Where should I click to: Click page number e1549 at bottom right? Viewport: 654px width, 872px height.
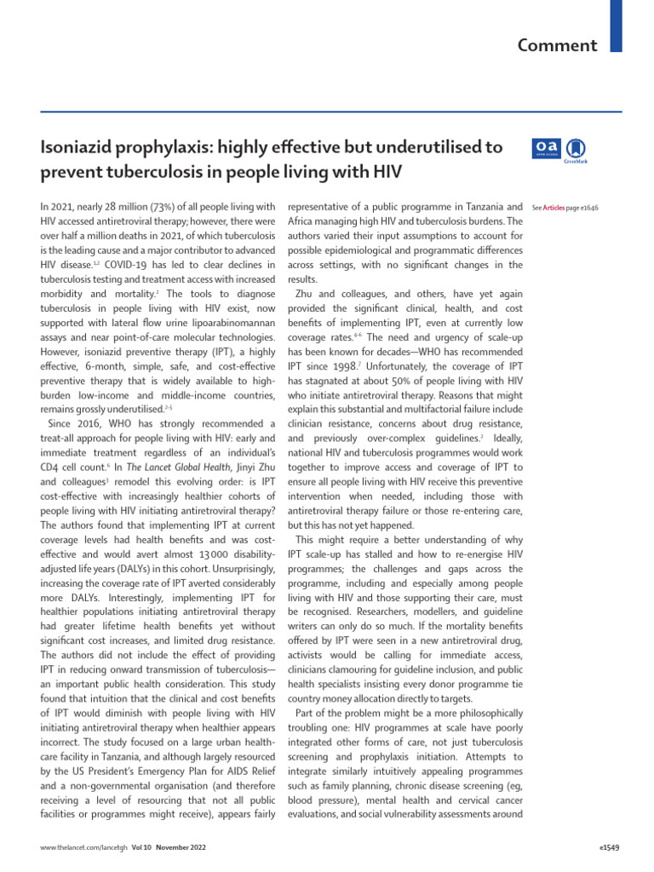pos(611,849)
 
